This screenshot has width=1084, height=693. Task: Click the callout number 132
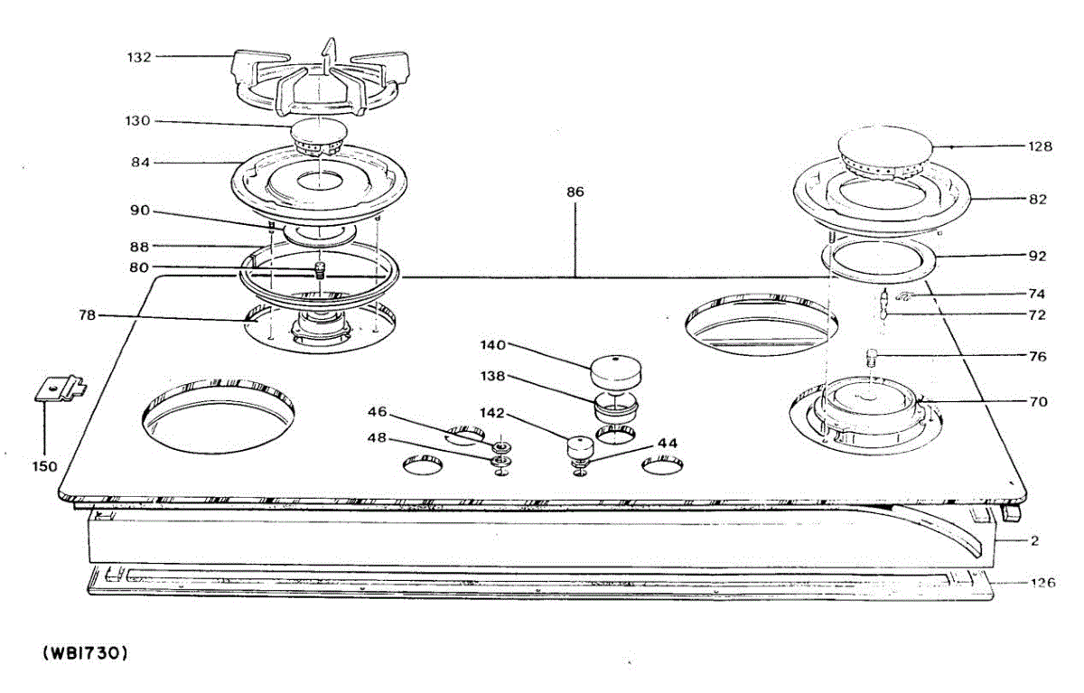138,57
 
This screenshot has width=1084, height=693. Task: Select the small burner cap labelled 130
321,135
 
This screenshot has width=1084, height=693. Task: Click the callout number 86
575,192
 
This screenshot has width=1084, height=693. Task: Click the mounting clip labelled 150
60,389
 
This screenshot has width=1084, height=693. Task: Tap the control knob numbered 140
614,370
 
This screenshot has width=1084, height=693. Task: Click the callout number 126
1042,583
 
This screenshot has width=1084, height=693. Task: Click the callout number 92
1036,256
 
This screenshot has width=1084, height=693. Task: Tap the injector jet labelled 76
873,356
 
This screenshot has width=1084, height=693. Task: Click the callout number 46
377,412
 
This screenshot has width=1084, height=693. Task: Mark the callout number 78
87,315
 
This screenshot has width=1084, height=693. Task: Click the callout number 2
1035,541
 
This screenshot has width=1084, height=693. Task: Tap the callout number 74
1036,294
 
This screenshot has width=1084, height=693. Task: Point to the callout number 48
377,437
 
